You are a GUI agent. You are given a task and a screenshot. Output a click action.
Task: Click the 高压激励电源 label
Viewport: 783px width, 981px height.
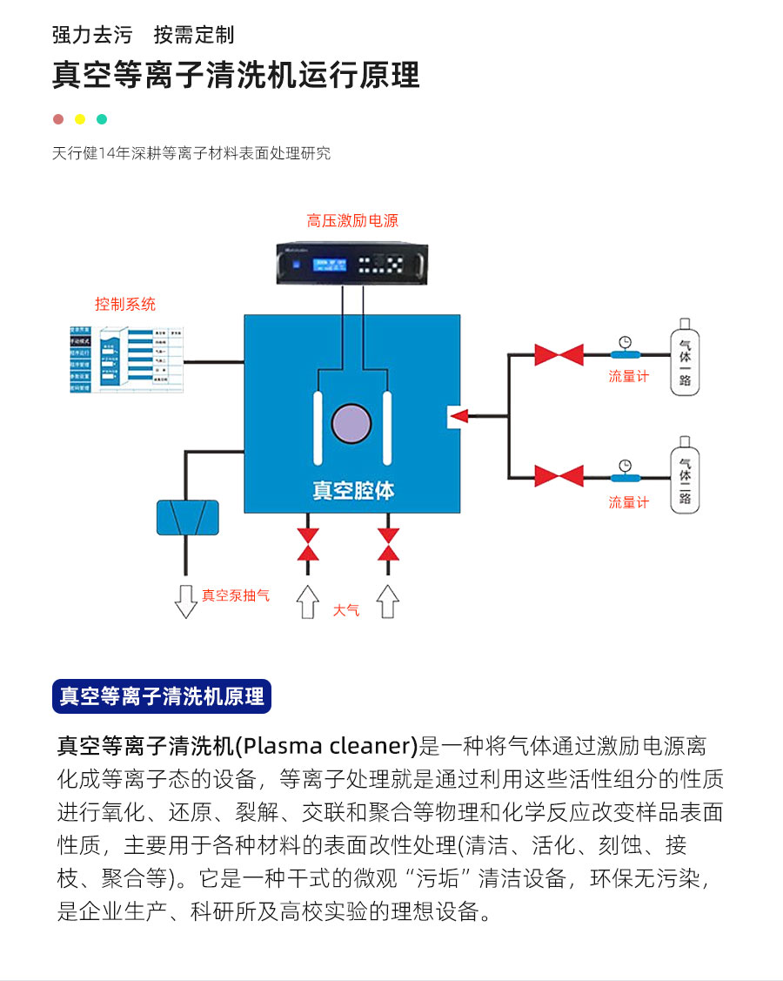click(351, 221)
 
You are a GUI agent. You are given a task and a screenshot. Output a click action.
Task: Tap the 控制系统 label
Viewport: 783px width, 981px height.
click(125, 305)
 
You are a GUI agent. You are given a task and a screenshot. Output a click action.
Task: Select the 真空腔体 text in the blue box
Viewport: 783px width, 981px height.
click(353, 490)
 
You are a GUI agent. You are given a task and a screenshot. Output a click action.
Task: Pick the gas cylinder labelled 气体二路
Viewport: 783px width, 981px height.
click(685, 479)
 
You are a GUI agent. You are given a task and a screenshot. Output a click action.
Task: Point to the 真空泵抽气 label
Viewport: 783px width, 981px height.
click(236, 595)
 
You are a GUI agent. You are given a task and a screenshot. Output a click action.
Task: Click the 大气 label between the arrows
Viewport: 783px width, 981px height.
click(346, 610)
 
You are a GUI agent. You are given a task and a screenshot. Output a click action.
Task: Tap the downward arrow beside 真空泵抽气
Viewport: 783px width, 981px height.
click(186, 601)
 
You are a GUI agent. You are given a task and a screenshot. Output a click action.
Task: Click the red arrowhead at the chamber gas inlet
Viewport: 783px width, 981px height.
click(458, 416)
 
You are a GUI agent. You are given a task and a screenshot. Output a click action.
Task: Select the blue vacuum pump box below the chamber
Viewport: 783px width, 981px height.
click(187, 517)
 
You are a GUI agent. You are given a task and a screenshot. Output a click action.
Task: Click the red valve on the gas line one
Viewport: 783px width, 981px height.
click(559, 354)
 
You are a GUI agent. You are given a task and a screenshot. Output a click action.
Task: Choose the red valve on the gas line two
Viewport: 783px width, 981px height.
click(559, 475)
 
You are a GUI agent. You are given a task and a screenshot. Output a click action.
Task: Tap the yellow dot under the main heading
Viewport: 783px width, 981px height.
click(80, 119)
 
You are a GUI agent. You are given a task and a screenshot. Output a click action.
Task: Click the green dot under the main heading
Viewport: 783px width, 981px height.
click(102, 119)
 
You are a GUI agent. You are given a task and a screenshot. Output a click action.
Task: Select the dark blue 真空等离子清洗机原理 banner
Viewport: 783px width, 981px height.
click(162, 696)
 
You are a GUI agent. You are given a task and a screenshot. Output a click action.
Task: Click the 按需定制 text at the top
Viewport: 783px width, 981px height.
click(194, 36)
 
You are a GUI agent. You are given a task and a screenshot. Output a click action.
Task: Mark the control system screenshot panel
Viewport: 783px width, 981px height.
click(125, 358)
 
